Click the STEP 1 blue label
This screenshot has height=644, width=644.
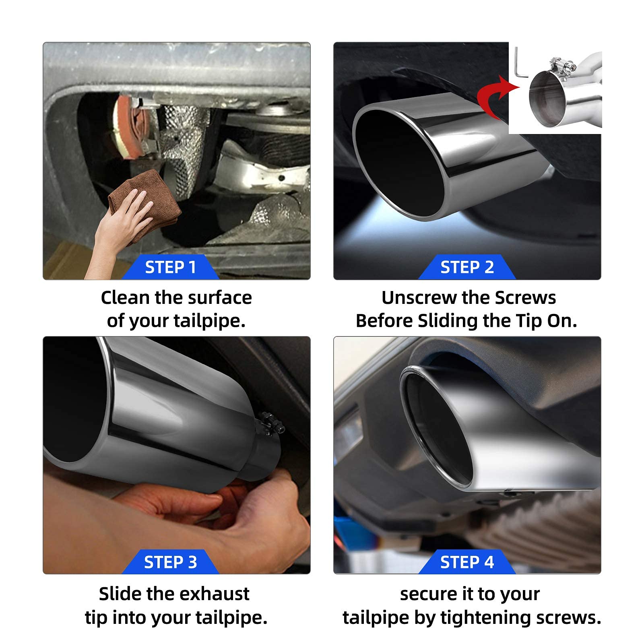[171, 267]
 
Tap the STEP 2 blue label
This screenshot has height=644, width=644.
[467, 267]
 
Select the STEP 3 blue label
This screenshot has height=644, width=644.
[171, 562]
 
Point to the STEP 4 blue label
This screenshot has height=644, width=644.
[467, 562]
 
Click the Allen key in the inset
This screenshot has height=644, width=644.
[520, 64]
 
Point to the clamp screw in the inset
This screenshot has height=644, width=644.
[560, 63]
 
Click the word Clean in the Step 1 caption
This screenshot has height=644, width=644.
[125, 298]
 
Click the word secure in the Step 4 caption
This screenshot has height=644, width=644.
[427, 594]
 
